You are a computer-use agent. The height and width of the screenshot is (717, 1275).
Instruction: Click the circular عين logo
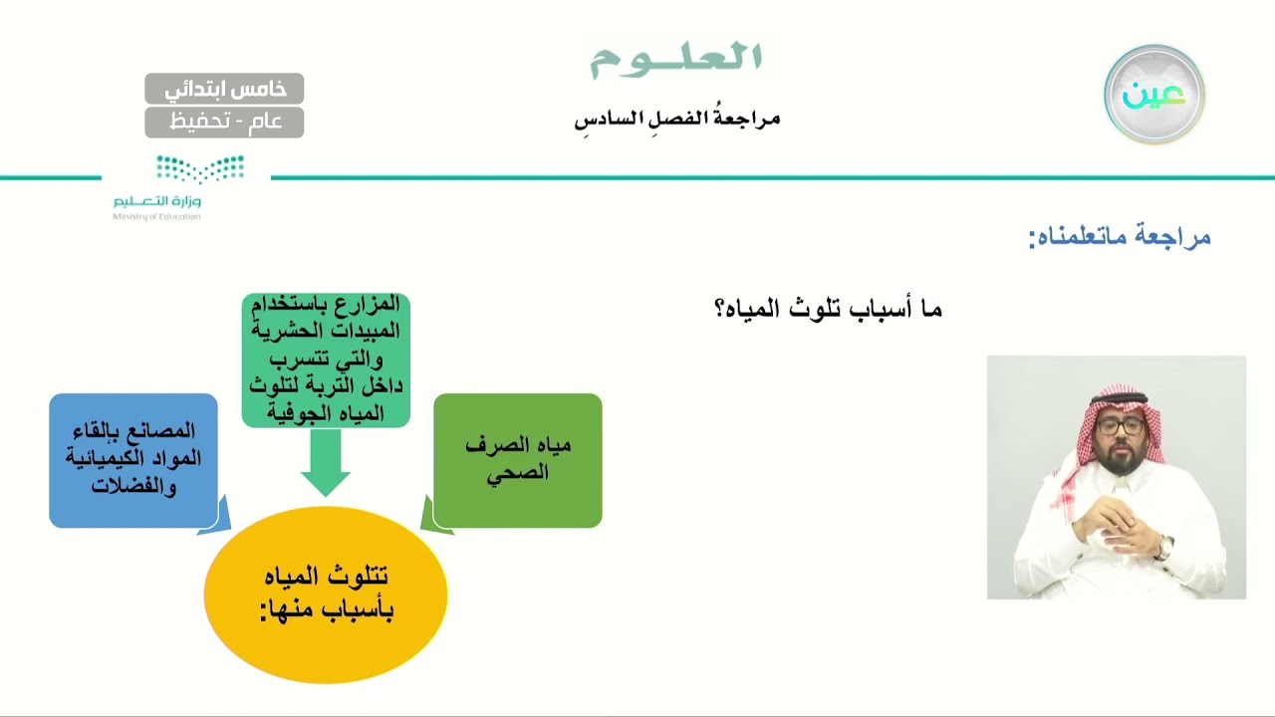coord(1153,95)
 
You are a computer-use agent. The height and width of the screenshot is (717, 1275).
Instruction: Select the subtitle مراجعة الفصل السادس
coord(676,119)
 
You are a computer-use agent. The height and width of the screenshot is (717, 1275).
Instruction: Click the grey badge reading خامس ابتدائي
coord(224,89)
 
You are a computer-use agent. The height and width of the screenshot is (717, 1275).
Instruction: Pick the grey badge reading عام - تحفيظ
coord(224,122)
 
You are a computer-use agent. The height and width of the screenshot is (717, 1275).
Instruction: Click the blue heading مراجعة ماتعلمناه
coord(1120,237)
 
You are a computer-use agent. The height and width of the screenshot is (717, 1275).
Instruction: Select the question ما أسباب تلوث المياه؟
coord(829,309)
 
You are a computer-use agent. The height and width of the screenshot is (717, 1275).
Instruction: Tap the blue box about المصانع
coord(133,460)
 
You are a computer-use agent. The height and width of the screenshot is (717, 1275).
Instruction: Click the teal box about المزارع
coord(326,359)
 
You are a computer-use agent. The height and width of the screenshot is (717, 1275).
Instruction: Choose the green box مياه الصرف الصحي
coord(518,460)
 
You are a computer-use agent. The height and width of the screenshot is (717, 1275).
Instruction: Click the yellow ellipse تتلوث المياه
coord(326,595)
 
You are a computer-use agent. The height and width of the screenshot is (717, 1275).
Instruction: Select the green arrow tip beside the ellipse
coord(432,518)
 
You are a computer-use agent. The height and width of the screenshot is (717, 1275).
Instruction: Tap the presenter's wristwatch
coord(1163,547)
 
